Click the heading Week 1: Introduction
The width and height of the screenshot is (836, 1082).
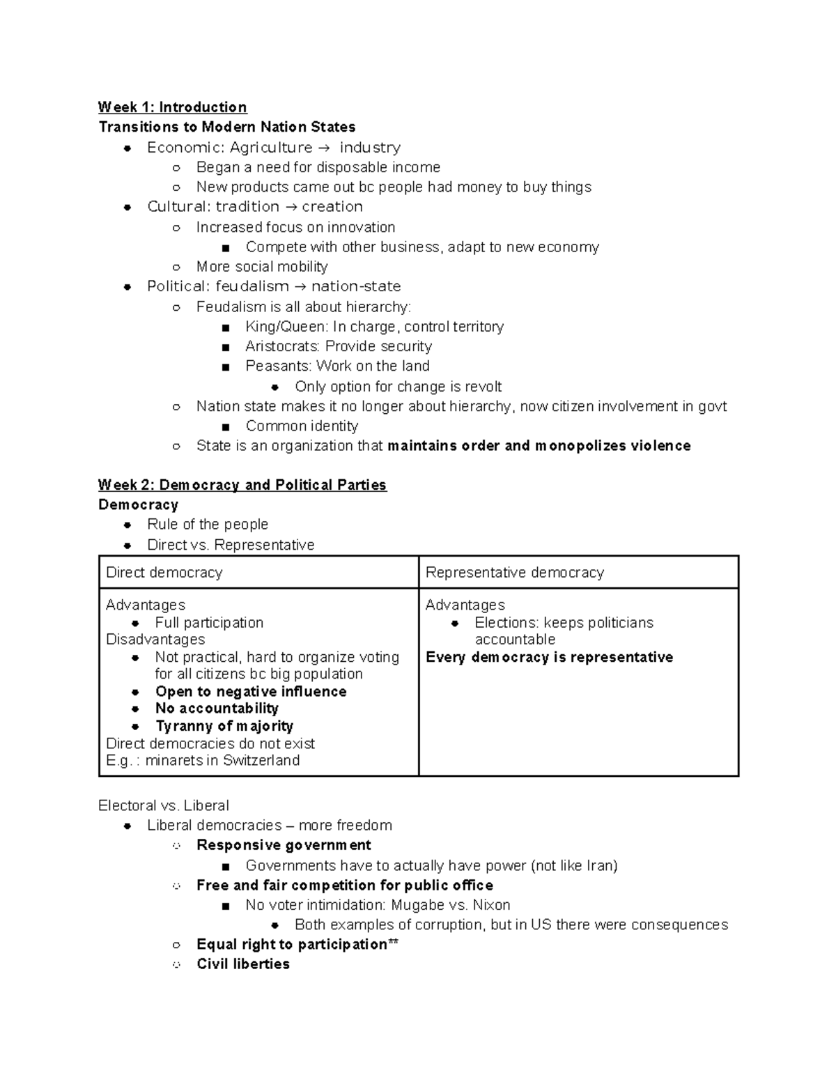point(172,107)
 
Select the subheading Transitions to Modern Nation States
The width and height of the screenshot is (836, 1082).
point(227,127)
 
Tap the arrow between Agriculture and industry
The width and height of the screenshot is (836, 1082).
point(325,148)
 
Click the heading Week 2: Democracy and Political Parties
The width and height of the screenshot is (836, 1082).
point(242,485)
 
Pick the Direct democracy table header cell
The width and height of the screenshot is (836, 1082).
point(258,573)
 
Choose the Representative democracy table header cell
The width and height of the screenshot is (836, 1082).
point(578,573)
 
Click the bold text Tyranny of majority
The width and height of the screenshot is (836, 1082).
point(224,726)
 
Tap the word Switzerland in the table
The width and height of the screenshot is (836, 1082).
point(261,760)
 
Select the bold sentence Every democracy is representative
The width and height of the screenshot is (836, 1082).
point(549,657)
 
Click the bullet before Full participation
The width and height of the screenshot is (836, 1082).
point(136,623)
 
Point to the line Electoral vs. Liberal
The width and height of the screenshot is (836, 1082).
point(163,805)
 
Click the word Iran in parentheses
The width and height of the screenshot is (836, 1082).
point(601,865)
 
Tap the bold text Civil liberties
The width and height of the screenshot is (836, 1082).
point(242,964)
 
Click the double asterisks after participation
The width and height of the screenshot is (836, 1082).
point(393,943)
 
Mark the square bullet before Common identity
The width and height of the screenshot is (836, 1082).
point(225,427)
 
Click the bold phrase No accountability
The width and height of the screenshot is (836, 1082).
point(217,709)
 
